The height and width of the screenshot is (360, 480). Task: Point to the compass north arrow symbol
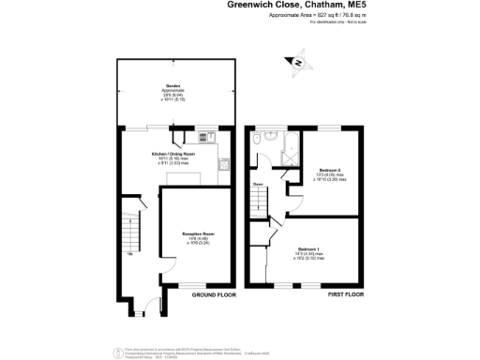pos(297,63)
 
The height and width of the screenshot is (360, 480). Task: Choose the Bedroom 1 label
pos(310,248)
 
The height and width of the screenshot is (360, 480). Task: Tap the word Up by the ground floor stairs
pos(130,253)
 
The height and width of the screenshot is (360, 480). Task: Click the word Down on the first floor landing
pos(258,185)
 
